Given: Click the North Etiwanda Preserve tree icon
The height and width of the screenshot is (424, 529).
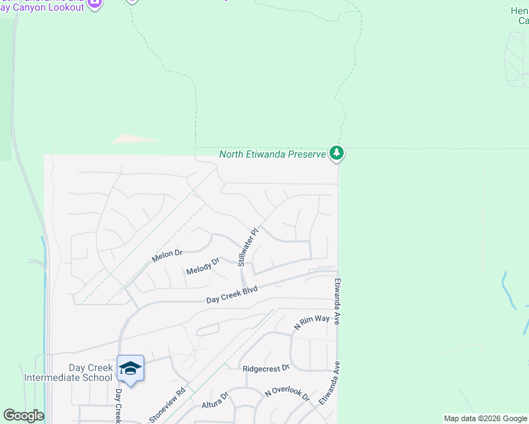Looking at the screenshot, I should click(337, 153).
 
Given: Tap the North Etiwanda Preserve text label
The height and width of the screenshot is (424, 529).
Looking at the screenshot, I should click(272, 154).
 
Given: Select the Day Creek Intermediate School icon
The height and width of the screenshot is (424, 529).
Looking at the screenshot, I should click(130, 367).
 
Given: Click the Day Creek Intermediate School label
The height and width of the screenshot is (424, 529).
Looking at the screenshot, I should click(68, 372).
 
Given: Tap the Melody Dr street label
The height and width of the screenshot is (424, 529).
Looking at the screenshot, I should click(203, 266).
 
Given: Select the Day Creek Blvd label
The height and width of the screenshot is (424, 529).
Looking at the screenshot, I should click(231, 295).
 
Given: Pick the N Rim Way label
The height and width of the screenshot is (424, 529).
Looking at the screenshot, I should click(312, 323).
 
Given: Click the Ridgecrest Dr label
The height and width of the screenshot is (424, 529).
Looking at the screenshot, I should click(266, 368).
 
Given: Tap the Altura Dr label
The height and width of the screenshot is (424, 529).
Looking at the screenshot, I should click(216, 400).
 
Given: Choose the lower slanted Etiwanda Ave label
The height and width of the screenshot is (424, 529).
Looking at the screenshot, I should click(330, 382).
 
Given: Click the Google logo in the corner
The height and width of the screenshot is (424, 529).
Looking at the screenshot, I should click(23, 416).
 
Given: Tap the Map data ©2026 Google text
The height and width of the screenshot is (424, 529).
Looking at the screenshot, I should click(485, 418).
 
